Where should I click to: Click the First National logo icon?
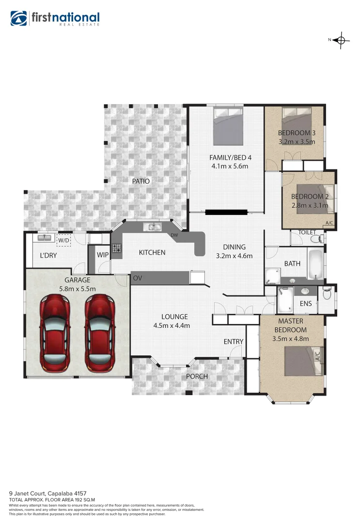point(19,18)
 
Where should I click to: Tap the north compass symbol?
point(341,40)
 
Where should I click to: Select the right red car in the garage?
point(100,334)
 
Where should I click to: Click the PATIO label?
point(141,181)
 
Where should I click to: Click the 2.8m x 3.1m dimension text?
point(309,205)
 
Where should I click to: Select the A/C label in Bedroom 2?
point(329,223)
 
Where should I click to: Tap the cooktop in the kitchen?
point(117,248)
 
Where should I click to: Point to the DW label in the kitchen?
point(173,235)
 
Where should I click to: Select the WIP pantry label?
point(103,254)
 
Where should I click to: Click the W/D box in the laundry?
point(63,240)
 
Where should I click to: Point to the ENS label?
point(306,304)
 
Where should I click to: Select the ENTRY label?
point(233,341)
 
